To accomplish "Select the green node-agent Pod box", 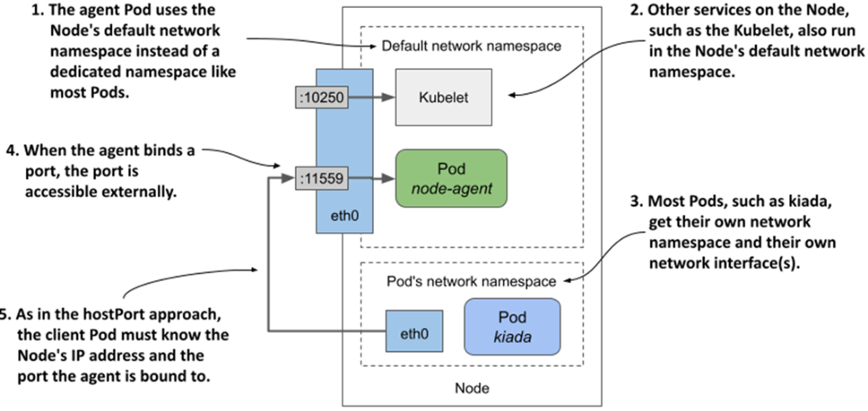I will tap(451, 179).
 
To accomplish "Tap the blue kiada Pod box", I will tap(513, 324).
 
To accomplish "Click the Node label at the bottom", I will tap(471, 388).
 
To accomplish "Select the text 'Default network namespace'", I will tap(471, 47).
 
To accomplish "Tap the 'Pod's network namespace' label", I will tap(472, 282).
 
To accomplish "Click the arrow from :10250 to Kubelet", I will tap(371, 99).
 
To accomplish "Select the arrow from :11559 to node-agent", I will tap(371, 180).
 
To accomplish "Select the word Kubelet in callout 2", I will tap(742, 31).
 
